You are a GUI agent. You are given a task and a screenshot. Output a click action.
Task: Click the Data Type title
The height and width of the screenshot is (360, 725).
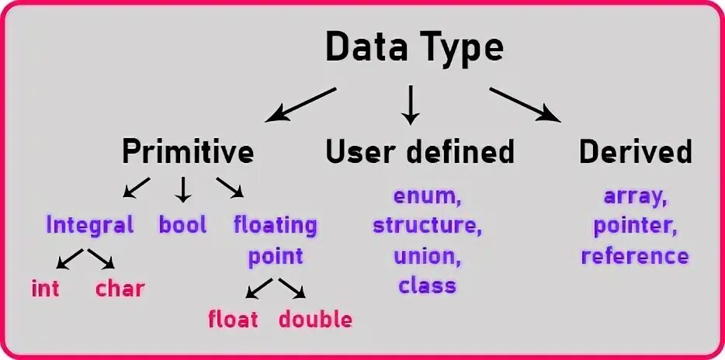coord(415,48)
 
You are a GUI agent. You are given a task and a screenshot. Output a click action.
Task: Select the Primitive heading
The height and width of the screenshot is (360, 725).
coord(188,151)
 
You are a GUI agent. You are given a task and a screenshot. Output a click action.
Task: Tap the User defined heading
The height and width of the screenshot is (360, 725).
coord(420,151)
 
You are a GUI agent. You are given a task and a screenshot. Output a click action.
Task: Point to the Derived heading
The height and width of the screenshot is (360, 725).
coord(636,151)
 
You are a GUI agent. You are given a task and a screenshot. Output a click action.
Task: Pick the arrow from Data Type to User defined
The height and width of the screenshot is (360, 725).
coord(411,105)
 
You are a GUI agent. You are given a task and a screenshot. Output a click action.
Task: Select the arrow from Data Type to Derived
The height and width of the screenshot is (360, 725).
coord(526,105)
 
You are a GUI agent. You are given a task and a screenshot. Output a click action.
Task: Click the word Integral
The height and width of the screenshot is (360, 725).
coord(90,225)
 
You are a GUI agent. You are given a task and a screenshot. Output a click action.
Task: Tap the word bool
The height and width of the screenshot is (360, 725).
coord(183,225)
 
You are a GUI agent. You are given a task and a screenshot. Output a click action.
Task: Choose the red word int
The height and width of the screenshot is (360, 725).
coord(46,289)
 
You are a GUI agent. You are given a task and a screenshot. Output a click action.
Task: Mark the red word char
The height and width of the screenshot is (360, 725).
coord(120,289)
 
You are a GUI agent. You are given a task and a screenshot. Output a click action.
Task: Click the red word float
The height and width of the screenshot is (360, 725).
coord(233,319)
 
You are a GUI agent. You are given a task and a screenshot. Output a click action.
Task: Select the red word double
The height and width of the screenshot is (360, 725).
coord(315,319)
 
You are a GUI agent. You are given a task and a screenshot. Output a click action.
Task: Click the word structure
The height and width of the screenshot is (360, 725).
coord(428,226)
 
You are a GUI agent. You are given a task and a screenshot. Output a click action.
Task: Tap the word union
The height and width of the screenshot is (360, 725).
coord(428,256)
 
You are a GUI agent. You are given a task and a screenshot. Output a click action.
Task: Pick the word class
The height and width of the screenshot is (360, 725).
coord(428,286)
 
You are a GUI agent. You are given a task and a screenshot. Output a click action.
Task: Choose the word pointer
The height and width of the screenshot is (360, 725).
coord(635,226)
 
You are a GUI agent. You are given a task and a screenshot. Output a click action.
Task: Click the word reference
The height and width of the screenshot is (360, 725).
coord(635,256)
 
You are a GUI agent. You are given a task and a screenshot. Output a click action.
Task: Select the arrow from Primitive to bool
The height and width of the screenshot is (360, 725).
coord(184,189)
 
